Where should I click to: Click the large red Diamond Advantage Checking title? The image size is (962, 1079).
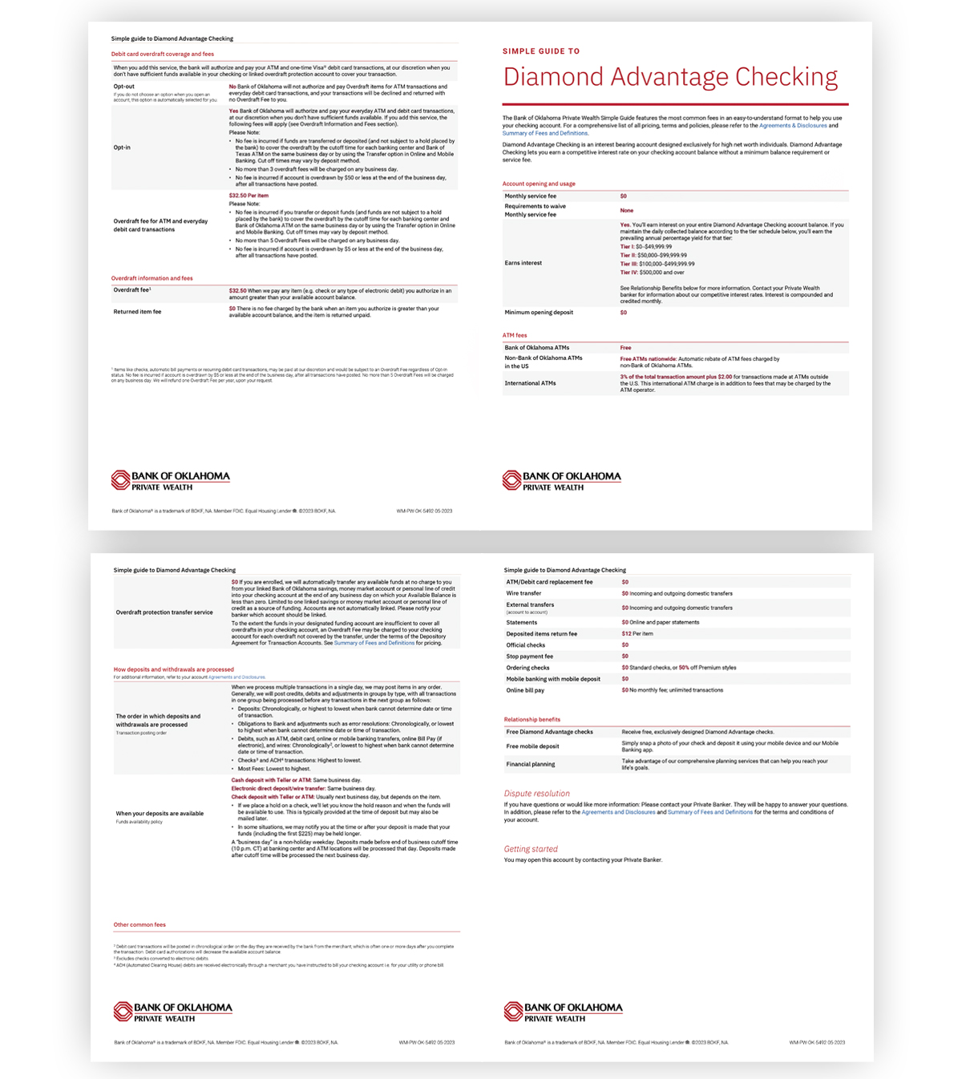670,77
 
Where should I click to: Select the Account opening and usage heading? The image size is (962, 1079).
539,184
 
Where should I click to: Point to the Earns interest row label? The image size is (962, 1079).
523,263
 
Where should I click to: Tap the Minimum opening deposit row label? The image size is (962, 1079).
539,313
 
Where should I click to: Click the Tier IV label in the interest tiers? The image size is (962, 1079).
629,273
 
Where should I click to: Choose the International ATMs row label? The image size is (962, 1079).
530,383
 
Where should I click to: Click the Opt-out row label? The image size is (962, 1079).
124,87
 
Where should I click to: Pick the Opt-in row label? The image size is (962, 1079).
122,148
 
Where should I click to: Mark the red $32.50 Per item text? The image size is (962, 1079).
249,196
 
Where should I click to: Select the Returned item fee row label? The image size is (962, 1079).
137,312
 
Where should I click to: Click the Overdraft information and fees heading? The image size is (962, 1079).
152,278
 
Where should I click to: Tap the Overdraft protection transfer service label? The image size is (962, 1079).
164,612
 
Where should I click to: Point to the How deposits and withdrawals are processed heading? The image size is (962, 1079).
173,669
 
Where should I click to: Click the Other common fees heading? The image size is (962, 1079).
139,924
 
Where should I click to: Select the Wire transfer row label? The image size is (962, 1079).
523,594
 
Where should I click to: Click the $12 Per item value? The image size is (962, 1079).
637,633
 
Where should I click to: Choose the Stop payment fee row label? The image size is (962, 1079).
529,657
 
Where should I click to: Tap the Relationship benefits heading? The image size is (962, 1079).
532,719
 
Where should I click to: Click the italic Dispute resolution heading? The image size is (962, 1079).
537,794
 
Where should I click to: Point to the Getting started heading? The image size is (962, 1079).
531,849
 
